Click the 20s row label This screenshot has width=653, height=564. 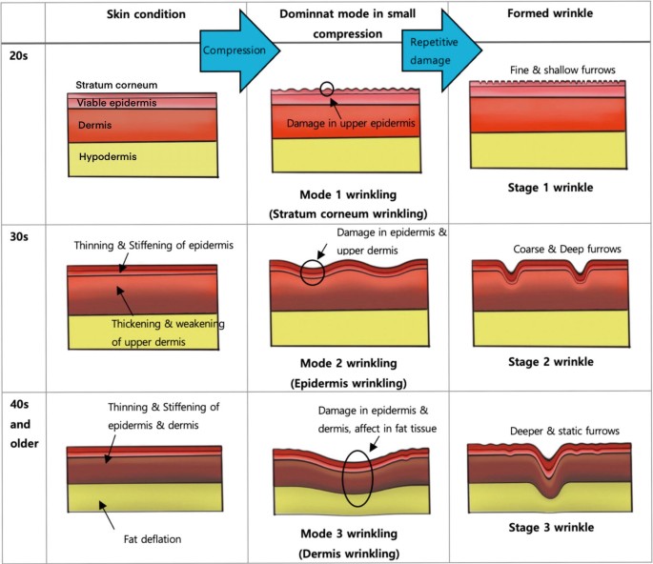pyautogui.click(x=17, y=56)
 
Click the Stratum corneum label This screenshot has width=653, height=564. pyautogui.click(x=116, y=85)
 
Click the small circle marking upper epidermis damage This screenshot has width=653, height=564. pyautogui.click(x=327, y=90)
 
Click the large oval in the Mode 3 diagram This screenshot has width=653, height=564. pyautogui.click(x=357, y=471)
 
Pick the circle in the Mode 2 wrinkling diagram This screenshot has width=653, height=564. pyautogui.click(x=312, y=272)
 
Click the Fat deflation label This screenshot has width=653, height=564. pyautogui.click(x=152, y=539)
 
